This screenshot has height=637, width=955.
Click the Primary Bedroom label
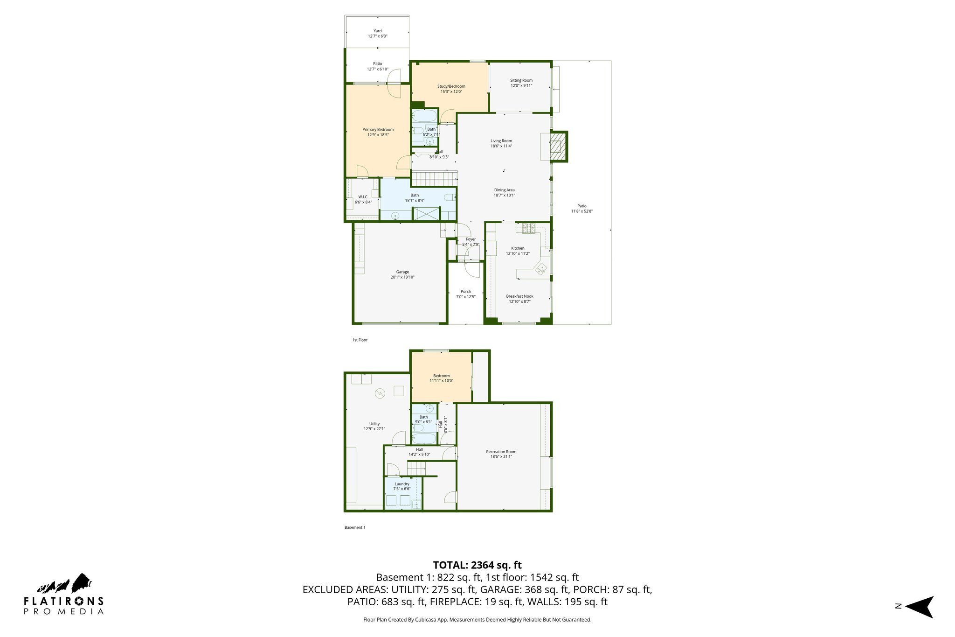tap(378, 130)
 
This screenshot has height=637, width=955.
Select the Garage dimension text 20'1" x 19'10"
tap(402, 277)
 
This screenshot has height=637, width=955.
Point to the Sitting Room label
tap(521, 80)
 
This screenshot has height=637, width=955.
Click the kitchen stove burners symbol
tap(528, 228)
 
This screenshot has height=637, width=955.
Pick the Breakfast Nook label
tap(519, 296)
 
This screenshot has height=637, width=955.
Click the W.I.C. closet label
tap(363, 197)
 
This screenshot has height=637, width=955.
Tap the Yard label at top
tap(377, 31)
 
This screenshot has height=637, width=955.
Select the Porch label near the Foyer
tap(465, 291)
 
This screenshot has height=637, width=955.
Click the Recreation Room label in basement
tap(501, 452)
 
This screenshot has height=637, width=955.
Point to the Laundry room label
tap(401, 484)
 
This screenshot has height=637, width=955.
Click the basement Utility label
tap(374, 424)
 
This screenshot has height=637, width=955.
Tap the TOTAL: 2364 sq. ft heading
tap(477, 565)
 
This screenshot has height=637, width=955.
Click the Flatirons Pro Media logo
tap(64, 595)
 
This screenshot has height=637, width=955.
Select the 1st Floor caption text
tap(360, 340)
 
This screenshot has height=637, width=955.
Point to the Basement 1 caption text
tap(354, 527)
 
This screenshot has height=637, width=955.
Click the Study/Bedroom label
tap(451, 86)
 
